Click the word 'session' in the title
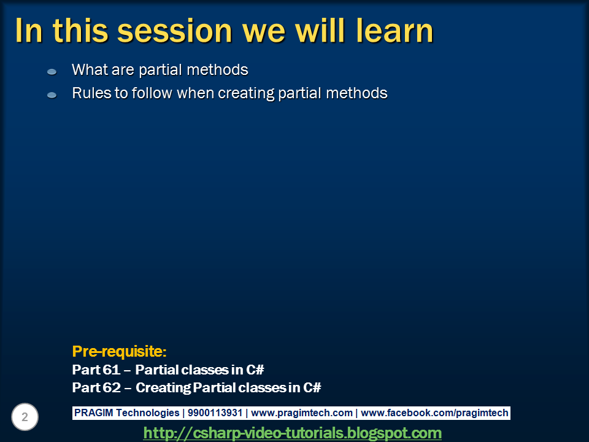pos(174,31)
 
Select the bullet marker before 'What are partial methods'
pos(52,71)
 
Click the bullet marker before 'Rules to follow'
pos(52,95)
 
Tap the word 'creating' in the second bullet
pos(246,93)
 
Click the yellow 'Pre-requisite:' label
pos(119,351)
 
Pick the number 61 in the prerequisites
pos(111,370)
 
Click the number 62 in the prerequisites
pos(112,387)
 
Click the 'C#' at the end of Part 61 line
pos(255,370)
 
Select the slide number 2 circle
pos(25,417)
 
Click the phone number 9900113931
pos(215,413)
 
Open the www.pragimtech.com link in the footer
pos(302,413)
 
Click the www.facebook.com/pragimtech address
pos(434,413)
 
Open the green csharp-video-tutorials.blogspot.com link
pos(292,433)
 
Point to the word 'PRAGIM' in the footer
pos(93,413)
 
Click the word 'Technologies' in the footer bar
pos(148,413)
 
